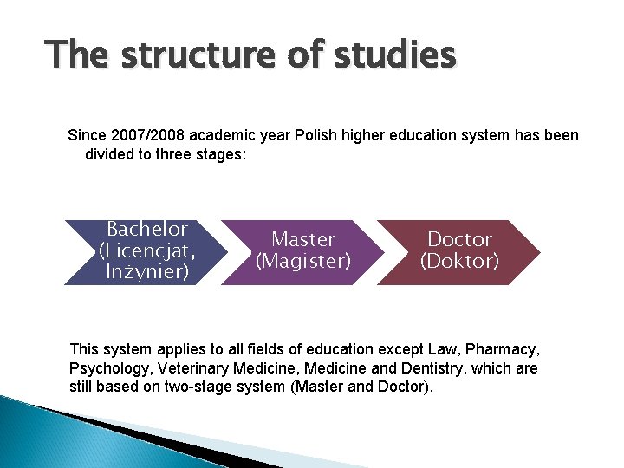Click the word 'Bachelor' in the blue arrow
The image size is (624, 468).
146,230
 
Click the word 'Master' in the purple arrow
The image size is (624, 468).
303,239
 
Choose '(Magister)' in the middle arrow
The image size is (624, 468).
303,260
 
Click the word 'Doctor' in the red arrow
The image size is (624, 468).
459,239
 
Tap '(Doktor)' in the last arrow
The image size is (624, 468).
459,260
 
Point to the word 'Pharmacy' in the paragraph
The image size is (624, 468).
503,350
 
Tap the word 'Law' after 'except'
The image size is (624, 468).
442,350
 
